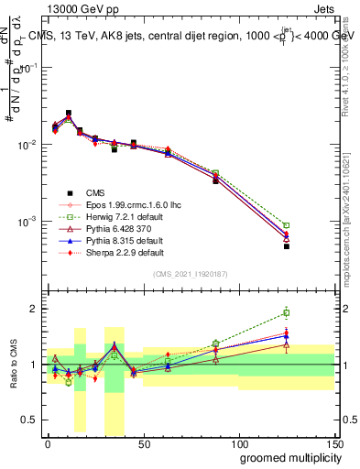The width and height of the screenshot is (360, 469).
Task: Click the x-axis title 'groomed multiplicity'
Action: pyautogui.click(x=287, y=457)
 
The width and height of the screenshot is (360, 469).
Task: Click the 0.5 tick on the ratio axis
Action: pyautogui.click(x=31, y=420)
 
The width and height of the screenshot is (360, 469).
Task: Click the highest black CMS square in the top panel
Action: pyautogui.click(x=69, y=114)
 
